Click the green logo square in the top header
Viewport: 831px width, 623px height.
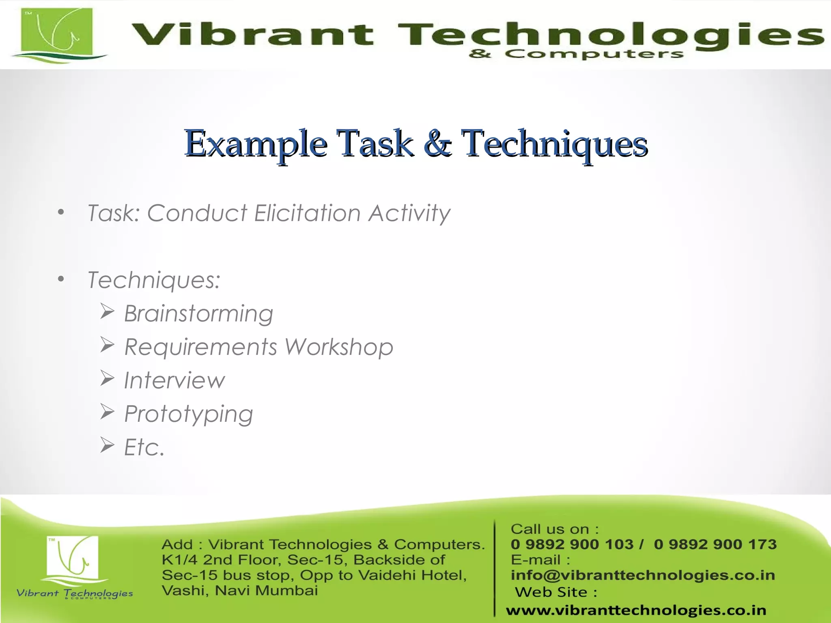pyautogui.click(x=56, y=32)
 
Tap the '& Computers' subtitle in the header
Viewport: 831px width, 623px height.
pyautogui.click(x=576, y=54)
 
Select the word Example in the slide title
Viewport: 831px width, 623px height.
pyautogui.click(x=256, y=144)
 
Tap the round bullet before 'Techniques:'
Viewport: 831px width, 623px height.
pyautogui.click(x=61, y=279)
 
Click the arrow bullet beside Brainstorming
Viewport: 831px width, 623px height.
pyautogui.click(x=108, y=312)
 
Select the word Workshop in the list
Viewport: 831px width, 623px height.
pyautogui.click(x=339, y=347)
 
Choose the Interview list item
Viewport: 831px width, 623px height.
pyautogui.click(x=174, y=380)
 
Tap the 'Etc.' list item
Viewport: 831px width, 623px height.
pyautogui.click(x=144, y=447)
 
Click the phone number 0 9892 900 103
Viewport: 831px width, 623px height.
pyautogui.click(x=572, y=544)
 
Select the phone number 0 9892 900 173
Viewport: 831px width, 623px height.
pyautogui.click(x=715, y=544)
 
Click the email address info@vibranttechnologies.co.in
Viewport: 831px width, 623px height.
pyautogui.click(x=643, y=575)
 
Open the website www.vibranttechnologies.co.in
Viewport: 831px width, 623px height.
pyautogui.click(x=636, y=610)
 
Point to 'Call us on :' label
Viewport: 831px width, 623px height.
pyautogui.click(x=554, y=529)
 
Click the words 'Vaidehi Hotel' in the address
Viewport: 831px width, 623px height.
pyautogui.click(x=412, y=575)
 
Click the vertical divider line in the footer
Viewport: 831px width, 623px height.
pyautogui.click(x=495, y=568)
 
